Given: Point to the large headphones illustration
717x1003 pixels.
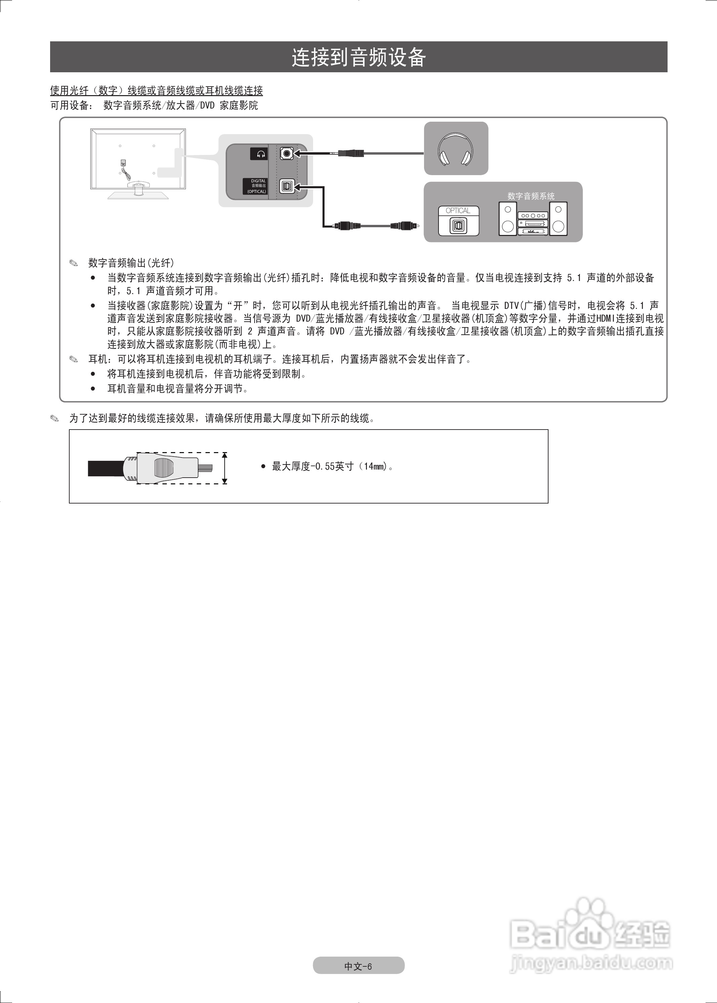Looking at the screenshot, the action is [456, 150].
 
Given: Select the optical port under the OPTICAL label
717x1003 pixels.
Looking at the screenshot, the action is [458, 226].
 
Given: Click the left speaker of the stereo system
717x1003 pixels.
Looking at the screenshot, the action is [508, 218].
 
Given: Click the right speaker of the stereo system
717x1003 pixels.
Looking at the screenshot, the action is [559, 218].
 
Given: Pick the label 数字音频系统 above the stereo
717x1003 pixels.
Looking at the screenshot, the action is [531, 196].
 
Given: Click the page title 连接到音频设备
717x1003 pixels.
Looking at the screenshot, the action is [358, 57].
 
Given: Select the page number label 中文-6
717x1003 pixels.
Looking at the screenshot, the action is [358, 966].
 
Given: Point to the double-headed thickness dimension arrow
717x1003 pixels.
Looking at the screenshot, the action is [225, 468].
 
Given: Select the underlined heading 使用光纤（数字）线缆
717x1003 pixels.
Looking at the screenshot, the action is [157, 91].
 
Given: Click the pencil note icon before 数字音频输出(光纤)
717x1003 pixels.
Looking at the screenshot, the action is [73, 264].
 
